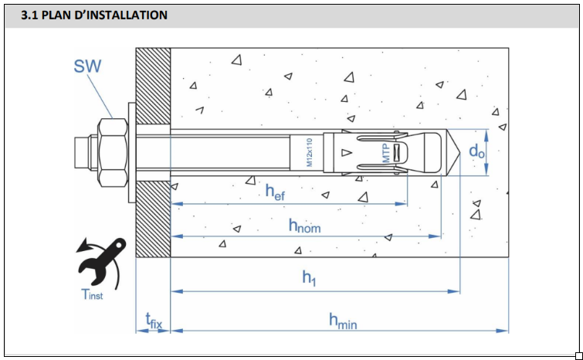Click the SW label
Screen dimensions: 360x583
[x=86, y=66]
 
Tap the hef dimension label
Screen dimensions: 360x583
[x=275, y=192]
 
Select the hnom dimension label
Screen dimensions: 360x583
[x=304, y=226]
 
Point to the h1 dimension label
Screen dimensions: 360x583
[x=309, y=279]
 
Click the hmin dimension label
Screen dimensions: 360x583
[x=343, y=321]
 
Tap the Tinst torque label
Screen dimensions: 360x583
[x=91, y=294]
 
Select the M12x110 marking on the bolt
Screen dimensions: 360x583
[x=309, y=152]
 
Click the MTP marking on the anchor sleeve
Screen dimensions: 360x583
[x=386, y=151]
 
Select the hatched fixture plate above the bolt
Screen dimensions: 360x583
[x=153, y=85]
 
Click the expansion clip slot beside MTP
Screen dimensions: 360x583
[x=398, y=152]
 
